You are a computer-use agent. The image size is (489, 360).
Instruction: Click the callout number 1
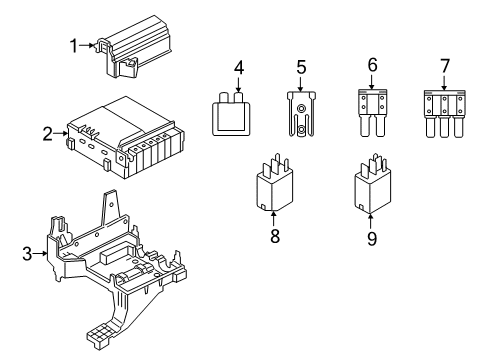click(x=73, y=45)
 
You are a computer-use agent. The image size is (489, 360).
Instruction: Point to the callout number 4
click(x=239, y=68)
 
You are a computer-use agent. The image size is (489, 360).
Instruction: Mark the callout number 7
click(x=446, y=67)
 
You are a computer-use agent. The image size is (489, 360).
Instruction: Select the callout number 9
click(x=373, y=240)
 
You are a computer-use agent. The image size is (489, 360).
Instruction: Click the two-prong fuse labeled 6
click(x=372, y=112)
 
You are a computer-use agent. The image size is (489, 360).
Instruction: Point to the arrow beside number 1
click(x=88, y=45)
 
